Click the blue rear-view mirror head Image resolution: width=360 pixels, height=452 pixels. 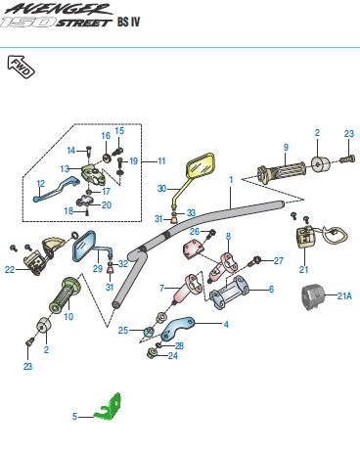[84, 246]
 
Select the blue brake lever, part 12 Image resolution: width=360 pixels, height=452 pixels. [56, 189]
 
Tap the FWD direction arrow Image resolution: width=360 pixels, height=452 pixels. [21, 67]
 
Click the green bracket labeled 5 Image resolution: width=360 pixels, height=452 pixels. [109, 408]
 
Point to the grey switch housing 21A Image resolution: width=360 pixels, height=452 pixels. [313, 296]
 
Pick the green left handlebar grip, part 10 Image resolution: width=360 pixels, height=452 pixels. [65, 294]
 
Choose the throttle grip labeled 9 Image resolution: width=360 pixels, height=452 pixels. [282, 173]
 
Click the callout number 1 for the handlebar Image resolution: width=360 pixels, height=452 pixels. [231, 180]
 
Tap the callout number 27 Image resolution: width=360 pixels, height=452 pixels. [278, 260]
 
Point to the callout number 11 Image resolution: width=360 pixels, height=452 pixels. [161, 161]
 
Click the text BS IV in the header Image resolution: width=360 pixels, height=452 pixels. [128, 22]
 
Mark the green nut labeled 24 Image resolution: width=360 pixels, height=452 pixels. [152, 353]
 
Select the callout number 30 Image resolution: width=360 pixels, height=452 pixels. [162, 189]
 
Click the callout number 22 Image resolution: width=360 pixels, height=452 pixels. [10, 269]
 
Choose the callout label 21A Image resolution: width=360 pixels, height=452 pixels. [344, 295]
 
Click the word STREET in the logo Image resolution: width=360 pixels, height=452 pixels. [84, 23]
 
